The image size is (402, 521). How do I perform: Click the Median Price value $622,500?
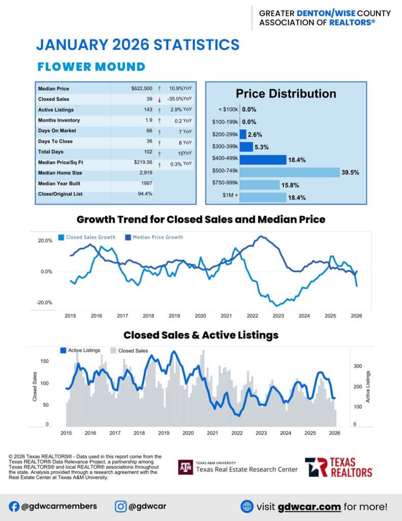[141, 89]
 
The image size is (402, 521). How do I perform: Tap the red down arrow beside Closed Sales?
[160, 99]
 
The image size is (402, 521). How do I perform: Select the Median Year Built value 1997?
[146, 183]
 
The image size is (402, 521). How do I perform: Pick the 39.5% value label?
[351, 172]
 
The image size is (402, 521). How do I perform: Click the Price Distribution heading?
[286, 94]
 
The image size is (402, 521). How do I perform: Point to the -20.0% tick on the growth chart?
[45, 303]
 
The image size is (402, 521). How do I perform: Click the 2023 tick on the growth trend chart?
[278, 316]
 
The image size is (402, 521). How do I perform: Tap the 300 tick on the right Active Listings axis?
[357, 366]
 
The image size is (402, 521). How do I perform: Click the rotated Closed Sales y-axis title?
[35, 389]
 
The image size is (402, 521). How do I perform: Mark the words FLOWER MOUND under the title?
[91, 67]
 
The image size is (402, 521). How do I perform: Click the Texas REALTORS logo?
[338, 467]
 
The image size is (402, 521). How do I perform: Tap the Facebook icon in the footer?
[14, 506]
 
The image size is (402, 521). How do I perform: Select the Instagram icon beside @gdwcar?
[120, 506]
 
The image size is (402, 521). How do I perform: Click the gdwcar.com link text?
[310, 507]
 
